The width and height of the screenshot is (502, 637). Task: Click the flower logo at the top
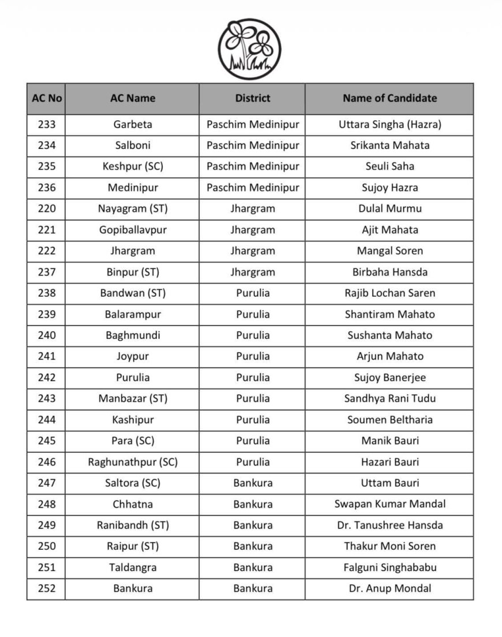tap(249, 49)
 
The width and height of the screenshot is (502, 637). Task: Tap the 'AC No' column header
tap(46, 98)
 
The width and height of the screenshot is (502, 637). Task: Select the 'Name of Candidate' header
tap(389, 98)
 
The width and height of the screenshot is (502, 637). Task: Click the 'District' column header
tap(252, 98)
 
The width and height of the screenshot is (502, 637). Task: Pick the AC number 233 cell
tap(46, 124)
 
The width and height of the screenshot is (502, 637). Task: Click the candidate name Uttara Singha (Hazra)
tap(389, 124)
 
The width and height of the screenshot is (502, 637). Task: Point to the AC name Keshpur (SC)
tap(133, 166)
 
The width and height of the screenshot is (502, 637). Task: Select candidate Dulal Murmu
tap(389, 208)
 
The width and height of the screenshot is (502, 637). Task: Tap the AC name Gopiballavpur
tap(133, 230)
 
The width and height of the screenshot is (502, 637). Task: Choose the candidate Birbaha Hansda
tap(389, 272)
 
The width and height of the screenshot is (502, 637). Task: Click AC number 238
tap(46, 293)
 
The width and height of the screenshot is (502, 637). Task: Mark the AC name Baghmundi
tap(133, 335)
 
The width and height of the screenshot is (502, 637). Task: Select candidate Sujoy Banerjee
tap(389, 378)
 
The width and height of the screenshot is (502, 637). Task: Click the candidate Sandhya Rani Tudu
tap(389, 398)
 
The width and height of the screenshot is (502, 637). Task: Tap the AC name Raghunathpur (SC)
tap(133, 462)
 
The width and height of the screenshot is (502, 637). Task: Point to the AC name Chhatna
tap(133, 504)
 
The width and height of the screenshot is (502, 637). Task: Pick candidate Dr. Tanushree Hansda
tap(389, 526)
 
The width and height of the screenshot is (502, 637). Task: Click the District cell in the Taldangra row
tap(252, 568)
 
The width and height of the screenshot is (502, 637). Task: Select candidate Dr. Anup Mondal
tap(389, 589)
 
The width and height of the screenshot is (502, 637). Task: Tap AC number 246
tap(46, 462)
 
